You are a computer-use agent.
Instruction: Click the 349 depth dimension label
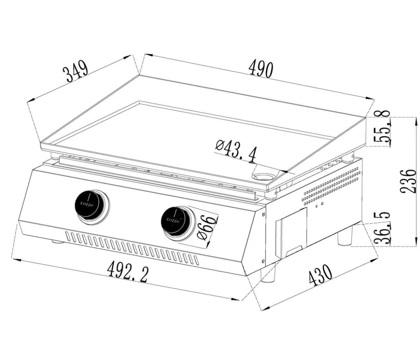click(x=75, y=71)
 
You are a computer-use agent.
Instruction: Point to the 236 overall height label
click(x=407, y=181)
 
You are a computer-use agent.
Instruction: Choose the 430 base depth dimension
click(x=320, y=275)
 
